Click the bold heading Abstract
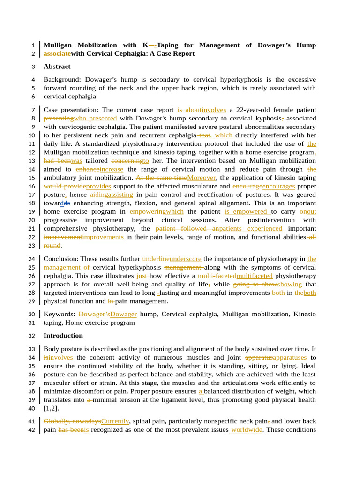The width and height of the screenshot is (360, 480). click(57, 67)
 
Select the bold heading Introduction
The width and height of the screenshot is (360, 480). click(63, 336)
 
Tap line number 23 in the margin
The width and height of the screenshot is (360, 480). click(32, 246)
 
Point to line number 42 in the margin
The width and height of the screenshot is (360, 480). click(32, 430)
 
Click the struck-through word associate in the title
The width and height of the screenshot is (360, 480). click(57, 54)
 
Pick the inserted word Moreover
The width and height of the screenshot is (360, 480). click(202, 178)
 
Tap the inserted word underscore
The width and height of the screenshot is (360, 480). click(186, 259)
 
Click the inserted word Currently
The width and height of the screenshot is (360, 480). click(115, 421)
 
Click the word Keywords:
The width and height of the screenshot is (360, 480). click(59, 314)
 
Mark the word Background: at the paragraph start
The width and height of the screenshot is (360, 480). click(62, 80)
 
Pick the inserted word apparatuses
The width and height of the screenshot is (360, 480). click(290, 358)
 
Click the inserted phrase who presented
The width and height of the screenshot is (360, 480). click(95, 118)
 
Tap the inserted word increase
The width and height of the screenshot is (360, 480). click(112, 169)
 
